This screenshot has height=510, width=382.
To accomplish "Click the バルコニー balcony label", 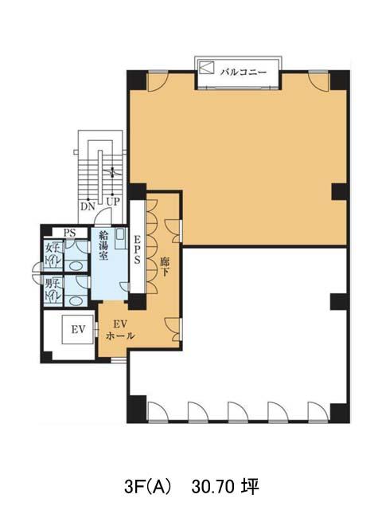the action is pyautogui.click(x=244, y=72).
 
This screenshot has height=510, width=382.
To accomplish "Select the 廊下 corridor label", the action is pyautogui.click(x=165, y=267).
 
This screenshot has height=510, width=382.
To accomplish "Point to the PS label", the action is pyautogui.click(x=69, y=233).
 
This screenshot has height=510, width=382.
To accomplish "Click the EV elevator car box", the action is pyautogui.click(x=78, y=329).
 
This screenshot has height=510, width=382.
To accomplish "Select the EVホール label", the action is pyautogui.click(x=120, y=330).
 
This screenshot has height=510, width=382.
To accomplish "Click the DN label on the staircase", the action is pyautogui.click(x=88, y=206).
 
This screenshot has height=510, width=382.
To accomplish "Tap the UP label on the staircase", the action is pyautogui.click(x=113, y=202).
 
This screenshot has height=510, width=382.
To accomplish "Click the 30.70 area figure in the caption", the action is pyautogui.click(x=212, y=487).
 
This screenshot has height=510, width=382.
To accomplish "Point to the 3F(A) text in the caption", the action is pyautogui.click(x=147, y=487).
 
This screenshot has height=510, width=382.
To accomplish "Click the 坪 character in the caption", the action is pyautogui.click(x=251, y=487).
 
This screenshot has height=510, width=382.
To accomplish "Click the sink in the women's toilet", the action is pyautogui.click(x=76, y=266).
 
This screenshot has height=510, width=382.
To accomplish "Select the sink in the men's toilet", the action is pyautogui.click(x=76, y=301).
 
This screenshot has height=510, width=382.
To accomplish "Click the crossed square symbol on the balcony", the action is pyautogui.click(x=207, y=67).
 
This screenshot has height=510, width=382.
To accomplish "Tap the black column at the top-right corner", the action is pyautogui.click(x=340, y=80).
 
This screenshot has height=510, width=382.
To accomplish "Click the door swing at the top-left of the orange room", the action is pyautogui.click(x=158, y=82).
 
